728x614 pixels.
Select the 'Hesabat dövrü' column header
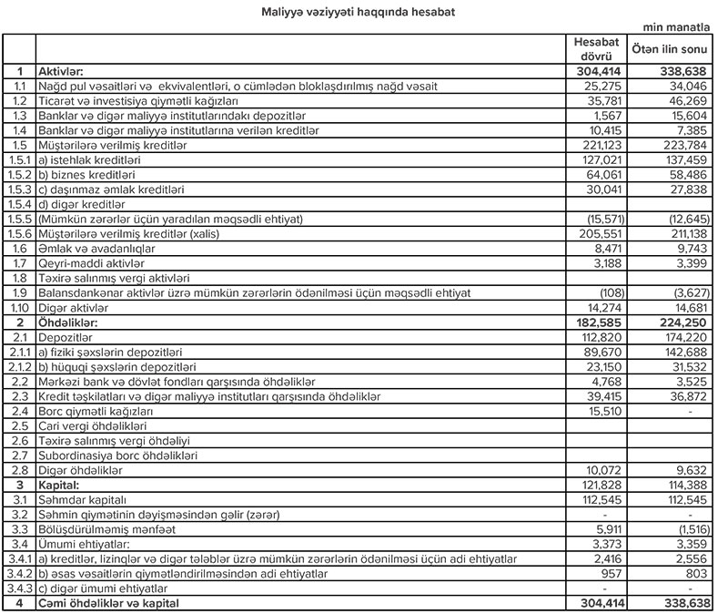(x=598, y=50)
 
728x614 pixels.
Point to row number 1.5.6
(x=18, y=233)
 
